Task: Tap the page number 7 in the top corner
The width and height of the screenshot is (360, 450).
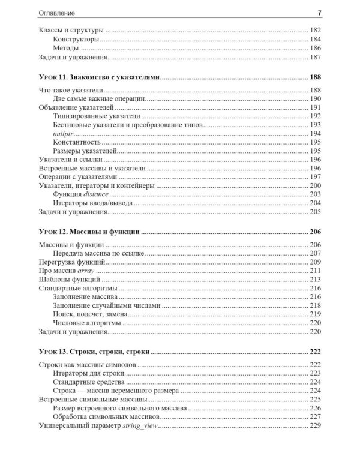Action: (319, 13)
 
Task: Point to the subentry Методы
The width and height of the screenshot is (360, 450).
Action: (66, 49)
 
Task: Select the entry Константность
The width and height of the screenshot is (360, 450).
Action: (76, 142)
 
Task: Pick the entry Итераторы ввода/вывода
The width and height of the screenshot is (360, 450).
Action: (93, 203)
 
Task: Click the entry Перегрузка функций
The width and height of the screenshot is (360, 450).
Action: (73, 262)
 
